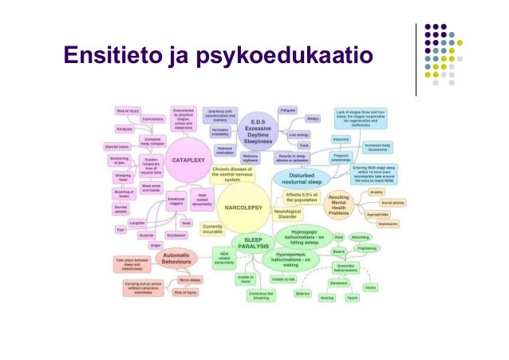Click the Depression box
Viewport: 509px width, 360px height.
pos(389,224)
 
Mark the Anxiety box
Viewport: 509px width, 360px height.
pos(378,192)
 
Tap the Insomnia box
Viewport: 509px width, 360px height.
pos(318,139)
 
